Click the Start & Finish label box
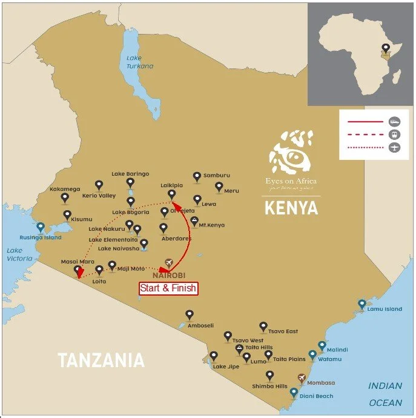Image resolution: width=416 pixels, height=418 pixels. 168,288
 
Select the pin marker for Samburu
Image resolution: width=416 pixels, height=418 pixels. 196,176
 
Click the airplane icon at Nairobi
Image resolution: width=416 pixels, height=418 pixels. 169,263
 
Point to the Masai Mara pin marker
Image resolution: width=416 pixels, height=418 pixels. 77,270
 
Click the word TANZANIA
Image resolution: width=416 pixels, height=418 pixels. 101,361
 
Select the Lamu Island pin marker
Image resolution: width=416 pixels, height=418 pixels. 362,304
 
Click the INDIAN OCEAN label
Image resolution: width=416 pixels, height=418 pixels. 385,394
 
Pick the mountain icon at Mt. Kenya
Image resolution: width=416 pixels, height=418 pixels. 194,221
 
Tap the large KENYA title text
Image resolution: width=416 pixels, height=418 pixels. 291,208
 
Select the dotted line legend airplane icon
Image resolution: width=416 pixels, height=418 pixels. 394,148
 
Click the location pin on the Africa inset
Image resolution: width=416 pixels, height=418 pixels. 384,48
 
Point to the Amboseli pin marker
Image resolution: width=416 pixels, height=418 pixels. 190,315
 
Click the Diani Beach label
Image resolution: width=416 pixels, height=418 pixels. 315,396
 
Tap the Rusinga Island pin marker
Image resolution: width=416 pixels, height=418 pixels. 41,228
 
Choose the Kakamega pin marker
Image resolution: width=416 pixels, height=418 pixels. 65,197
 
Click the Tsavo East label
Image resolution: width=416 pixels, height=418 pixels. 283,331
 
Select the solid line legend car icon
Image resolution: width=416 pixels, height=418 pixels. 394,121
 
